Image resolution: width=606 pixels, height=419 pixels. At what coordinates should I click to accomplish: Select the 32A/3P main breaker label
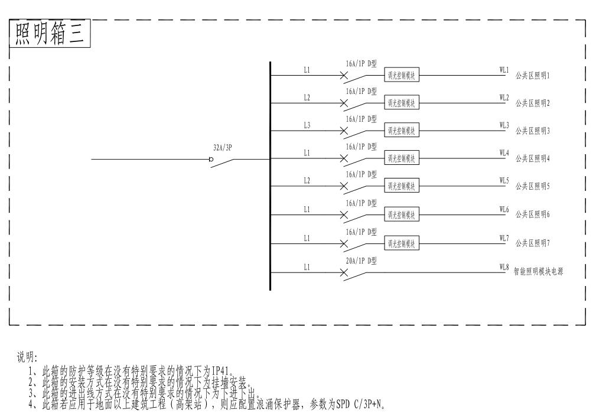coord(222,148)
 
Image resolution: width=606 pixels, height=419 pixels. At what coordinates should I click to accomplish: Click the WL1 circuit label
coord(504,70)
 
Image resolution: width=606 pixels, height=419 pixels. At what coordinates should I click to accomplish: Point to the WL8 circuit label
coord(504,267)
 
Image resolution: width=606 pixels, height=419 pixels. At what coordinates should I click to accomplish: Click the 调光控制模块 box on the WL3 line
coord(402,131)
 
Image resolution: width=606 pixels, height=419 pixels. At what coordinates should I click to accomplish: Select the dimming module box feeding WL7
coord(402,243)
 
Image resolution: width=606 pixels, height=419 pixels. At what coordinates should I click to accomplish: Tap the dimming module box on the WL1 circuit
coord(402,76)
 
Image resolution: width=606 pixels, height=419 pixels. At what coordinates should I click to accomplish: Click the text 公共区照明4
coord(532,158)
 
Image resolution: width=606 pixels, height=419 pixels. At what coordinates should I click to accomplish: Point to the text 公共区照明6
coord(532,215)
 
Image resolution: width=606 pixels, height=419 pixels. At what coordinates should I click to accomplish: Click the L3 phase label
coord(307,125)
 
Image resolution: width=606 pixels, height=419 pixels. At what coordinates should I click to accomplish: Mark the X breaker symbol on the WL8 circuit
coord(344,273)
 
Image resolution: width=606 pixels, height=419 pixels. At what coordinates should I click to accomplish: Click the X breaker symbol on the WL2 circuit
coord(344,103)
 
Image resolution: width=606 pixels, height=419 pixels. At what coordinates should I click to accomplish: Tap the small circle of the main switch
coord(211,159)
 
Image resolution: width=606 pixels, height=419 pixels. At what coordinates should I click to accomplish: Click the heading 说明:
coord(27,358)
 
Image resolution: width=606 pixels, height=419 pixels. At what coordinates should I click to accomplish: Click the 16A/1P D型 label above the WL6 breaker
coord(361,203)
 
